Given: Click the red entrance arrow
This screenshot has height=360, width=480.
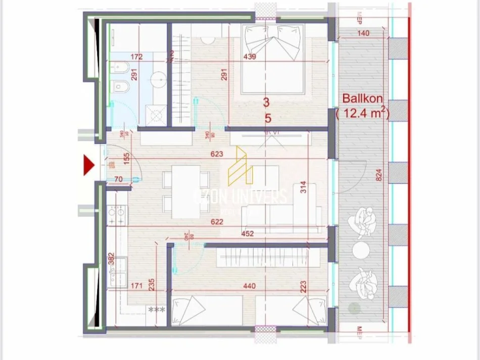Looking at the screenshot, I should [x=89, y=165].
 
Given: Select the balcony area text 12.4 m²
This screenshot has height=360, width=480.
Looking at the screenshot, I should [x=363, y=114].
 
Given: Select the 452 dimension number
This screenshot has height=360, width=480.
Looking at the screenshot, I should [x=247, y=233].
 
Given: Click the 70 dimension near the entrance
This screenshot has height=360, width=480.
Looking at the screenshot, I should [x=119, y=178].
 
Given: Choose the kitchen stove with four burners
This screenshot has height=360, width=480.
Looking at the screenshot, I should [x=117, y=216].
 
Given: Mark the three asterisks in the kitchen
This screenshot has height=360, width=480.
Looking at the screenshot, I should [x=156, y=310].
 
